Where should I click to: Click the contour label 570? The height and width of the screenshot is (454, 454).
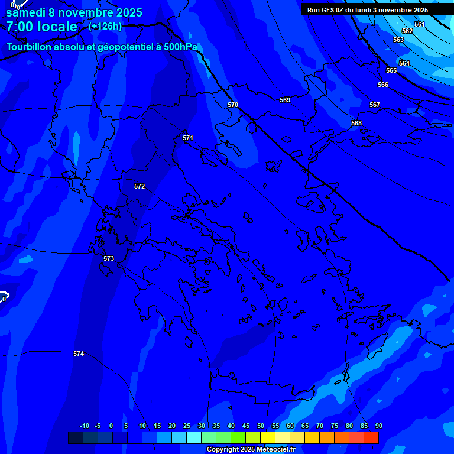[233, 105]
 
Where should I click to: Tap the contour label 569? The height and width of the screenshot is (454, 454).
[285, 100]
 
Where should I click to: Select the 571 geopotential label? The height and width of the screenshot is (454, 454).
[188, 138]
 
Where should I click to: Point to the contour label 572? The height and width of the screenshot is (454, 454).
[140, 186]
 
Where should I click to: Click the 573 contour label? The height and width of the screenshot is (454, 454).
[109, 258]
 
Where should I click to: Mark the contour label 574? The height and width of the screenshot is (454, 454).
[79, 354]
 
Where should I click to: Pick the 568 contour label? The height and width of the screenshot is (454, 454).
[356, 123]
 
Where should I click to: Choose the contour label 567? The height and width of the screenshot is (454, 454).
[375, 105]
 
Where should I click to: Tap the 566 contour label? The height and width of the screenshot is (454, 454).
[383, 85]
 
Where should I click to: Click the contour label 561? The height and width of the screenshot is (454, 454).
[420, 24]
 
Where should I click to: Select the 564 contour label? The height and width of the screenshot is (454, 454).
[404, 63]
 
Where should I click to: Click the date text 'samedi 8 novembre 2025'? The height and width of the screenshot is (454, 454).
[73, 12]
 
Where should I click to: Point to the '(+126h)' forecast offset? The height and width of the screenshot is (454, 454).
[105, 26]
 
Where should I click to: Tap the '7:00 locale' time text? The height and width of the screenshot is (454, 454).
[41, 27]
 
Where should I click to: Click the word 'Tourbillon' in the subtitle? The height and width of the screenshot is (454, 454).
[29, 47]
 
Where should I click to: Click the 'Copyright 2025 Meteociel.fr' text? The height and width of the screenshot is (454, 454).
[251, 450]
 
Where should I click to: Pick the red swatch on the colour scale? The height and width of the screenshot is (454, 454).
[371, 437]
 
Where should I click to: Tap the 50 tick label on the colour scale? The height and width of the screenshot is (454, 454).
[261, 426]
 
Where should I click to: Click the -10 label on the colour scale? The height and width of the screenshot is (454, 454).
[84, 426]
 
